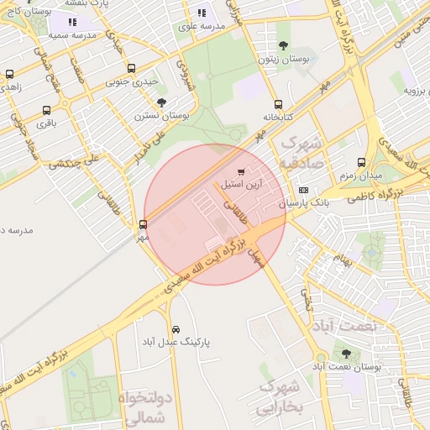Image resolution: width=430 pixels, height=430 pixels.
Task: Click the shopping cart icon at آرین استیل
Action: tap(242, 171)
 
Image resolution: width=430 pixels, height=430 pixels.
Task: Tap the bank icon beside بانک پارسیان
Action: tap(303, 190)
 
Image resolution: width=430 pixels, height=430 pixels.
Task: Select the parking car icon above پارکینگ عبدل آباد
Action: tap(176, 329)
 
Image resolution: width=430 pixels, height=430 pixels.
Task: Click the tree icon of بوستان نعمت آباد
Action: tap(346, 354)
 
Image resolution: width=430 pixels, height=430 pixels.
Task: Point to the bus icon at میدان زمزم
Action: tap(361, 162)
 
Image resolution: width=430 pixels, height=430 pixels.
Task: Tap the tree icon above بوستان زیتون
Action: tap(282, 47)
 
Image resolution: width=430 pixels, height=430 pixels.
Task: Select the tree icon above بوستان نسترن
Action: tap(161, 102)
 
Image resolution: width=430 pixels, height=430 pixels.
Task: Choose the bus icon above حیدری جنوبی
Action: tap(130, 69)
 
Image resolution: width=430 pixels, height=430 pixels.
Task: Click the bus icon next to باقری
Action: tap(45, 110)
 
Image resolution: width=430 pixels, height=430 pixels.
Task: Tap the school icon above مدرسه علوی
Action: tap(202, 13)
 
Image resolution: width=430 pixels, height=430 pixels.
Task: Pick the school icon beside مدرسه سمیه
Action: tap(72, 23)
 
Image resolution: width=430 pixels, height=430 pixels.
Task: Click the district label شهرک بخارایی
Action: tap(279, 397)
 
